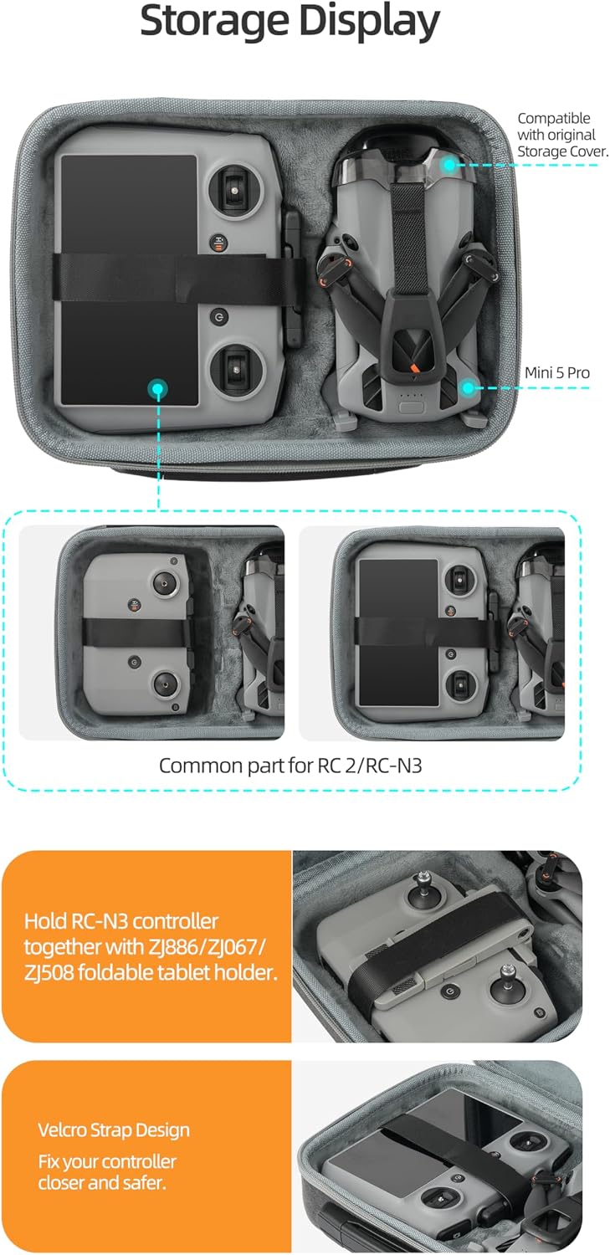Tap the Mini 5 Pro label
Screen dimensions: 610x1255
556,372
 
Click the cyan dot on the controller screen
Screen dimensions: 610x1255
157,388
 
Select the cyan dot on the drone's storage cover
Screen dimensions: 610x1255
449,165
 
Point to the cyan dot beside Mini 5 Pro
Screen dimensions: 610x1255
468,387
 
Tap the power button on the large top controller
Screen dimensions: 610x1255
218,318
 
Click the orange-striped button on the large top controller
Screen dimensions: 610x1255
218,243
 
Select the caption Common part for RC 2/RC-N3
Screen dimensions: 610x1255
290,766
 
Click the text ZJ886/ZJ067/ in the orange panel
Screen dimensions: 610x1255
207,947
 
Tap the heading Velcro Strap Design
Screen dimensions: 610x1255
114,1130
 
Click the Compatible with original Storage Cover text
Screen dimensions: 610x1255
562,135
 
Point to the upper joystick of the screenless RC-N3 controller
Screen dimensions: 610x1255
164,583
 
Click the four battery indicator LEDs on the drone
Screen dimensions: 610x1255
412,395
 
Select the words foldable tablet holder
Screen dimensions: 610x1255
177,972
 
